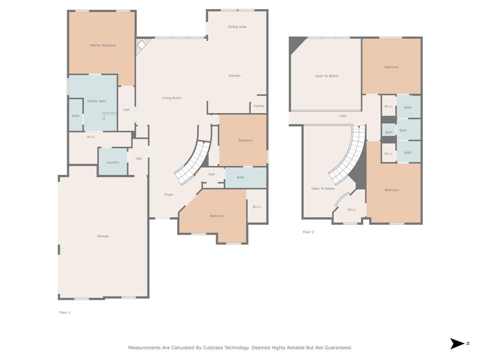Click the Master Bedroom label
coord(103,45)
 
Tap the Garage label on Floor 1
coord(103,236)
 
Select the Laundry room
coord(112,162)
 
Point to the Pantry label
coord(259,106)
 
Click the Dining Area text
coord(237,27)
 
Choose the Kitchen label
coord(235,75)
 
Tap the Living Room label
coord(172,98)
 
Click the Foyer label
coord(169,195)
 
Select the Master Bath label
coord(97,101)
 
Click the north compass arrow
coord(457,344)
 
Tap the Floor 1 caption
coord(65,313)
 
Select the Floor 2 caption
coord(308,232)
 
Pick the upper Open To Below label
coord(327,76)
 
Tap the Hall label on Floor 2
coord(343,116)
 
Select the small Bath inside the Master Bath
coord(75,116)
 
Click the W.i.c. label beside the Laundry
coord(91,137)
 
